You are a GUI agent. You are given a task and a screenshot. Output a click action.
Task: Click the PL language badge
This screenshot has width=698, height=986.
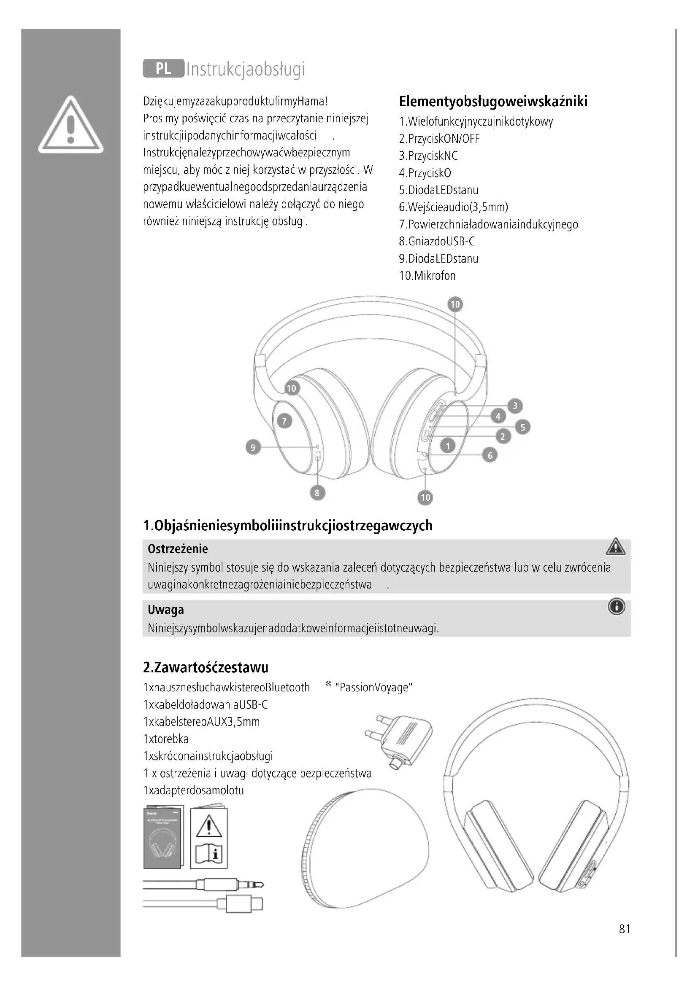pyautogui.click(x=163, y=69)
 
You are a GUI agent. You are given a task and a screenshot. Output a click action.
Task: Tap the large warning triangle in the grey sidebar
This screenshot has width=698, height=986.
pyautogui.click(x=71, y=125)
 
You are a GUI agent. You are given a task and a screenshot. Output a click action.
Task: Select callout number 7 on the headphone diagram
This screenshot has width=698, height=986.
pyautogui.click(x=284, y=421)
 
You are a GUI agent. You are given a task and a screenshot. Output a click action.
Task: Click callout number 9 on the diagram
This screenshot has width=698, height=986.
pyautogui.click(x=253, y=448)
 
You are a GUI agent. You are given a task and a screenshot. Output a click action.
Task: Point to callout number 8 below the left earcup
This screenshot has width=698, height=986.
pyautogui.click(x=317, y=492)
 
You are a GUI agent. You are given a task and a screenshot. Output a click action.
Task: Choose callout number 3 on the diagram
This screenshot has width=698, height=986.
pyautogui.click(x=515, y=406)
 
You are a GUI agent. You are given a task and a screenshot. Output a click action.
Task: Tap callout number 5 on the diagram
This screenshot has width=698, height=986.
pyautogui.click(x=522, y=427)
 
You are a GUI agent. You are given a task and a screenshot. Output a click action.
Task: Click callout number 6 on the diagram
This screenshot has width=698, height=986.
pyautogui.click(x=490, y=455)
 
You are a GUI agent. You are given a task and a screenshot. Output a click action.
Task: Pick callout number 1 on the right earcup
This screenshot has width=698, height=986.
pyautogui.click(x=448, y=446)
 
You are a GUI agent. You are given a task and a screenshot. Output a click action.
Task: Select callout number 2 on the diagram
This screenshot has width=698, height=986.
pyautogui.click(x=503, y=437)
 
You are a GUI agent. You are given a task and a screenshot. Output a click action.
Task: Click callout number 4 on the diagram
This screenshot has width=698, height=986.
pyautogui.click(x=498, y=416)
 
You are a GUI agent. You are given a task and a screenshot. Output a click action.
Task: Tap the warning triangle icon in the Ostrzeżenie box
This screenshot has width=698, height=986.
pyautogui.click(x=616, y=547)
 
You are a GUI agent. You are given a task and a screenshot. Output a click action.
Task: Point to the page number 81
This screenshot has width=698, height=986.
pyautogui.click(x=625, y=929)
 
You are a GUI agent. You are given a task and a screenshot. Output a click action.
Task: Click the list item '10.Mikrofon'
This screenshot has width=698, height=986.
pyautogui.click(x=427, y=276)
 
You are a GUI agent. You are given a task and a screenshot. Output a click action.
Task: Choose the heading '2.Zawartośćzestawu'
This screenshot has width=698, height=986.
pyautogui.click(x=206, y=667)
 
